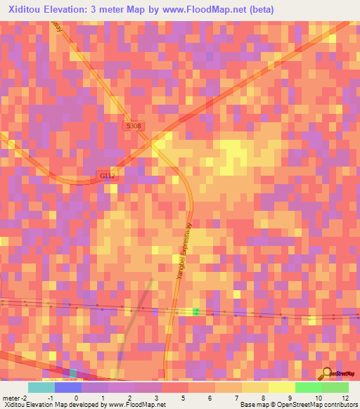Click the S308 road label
[134, 126]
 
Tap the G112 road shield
[106, 176]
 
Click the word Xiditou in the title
[30, 10]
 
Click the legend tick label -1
[49, 398]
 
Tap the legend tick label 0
[76, 398]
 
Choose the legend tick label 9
[290, 398]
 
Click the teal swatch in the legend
[41, 387]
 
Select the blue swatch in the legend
[68, 387]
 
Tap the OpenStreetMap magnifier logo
[326, 374]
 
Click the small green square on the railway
[197, 311]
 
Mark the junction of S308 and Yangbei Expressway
[153, 143]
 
